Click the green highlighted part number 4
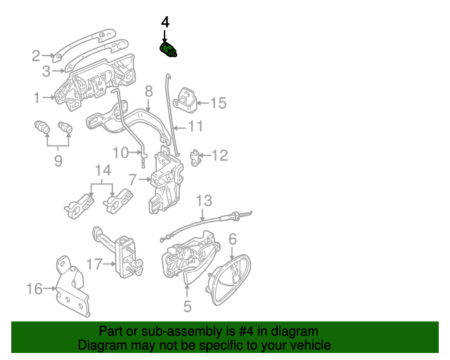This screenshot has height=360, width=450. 168,50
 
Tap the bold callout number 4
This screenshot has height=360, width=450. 165,22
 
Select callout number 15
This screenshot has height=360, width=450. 219,103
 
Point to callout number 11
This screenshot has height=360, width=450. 195,127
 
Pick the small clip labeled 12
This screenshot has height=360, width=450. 195,157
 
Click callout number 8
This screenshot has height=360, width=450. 148,91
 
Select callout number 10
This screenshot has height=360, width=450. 120,153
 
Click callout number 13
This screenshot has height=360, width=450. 204,200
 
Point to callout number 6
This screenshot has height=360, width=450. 233,239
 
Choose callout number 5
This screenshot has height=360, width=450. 187,307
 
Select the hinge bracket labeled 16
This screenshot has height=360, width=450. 72,286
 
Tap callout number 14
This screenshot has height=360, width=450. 103,170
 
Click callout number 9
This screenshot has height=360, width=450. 58,161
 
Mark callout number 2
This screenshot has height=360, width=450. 36,56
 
